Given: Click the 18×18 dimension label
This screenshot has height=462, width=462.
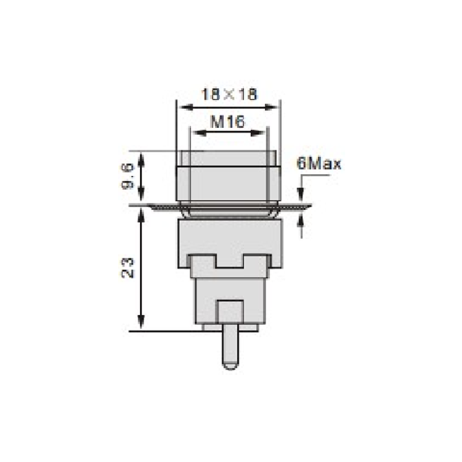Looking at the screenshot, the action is [229, 95].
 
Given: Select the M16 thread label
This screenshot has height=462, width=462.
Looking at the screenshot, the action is [228, 122].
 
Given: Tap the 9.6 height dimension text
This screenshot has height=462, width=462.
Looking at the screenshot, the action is [128, 176].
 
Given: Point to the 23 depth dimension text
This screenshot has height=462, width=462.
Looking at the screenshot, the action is [128, 268].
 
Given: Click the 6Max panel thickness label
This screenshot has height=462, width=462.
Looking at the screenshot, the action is [319, 163].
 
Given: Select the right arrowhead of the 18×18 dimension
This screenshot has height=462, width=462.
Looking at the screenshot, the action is [271, 107].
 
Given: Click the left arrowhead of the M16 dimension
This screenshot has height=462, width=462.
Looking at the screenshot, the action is [199, 133].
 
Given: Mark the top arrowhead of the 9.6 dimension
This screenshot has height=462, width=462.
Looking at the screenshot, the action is [141, 160].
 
